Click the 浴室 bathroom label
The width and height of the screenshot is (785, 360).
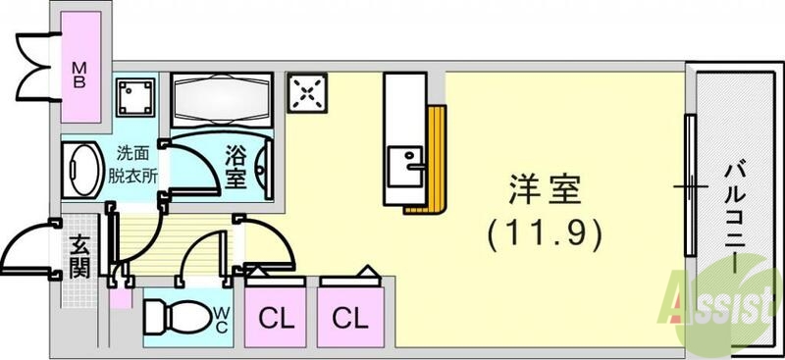coord(235,167)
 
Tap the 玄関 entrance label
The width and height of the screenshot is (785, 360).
coord(80,255)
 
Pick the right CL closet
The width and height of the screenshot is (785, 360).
coord(348,318)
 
